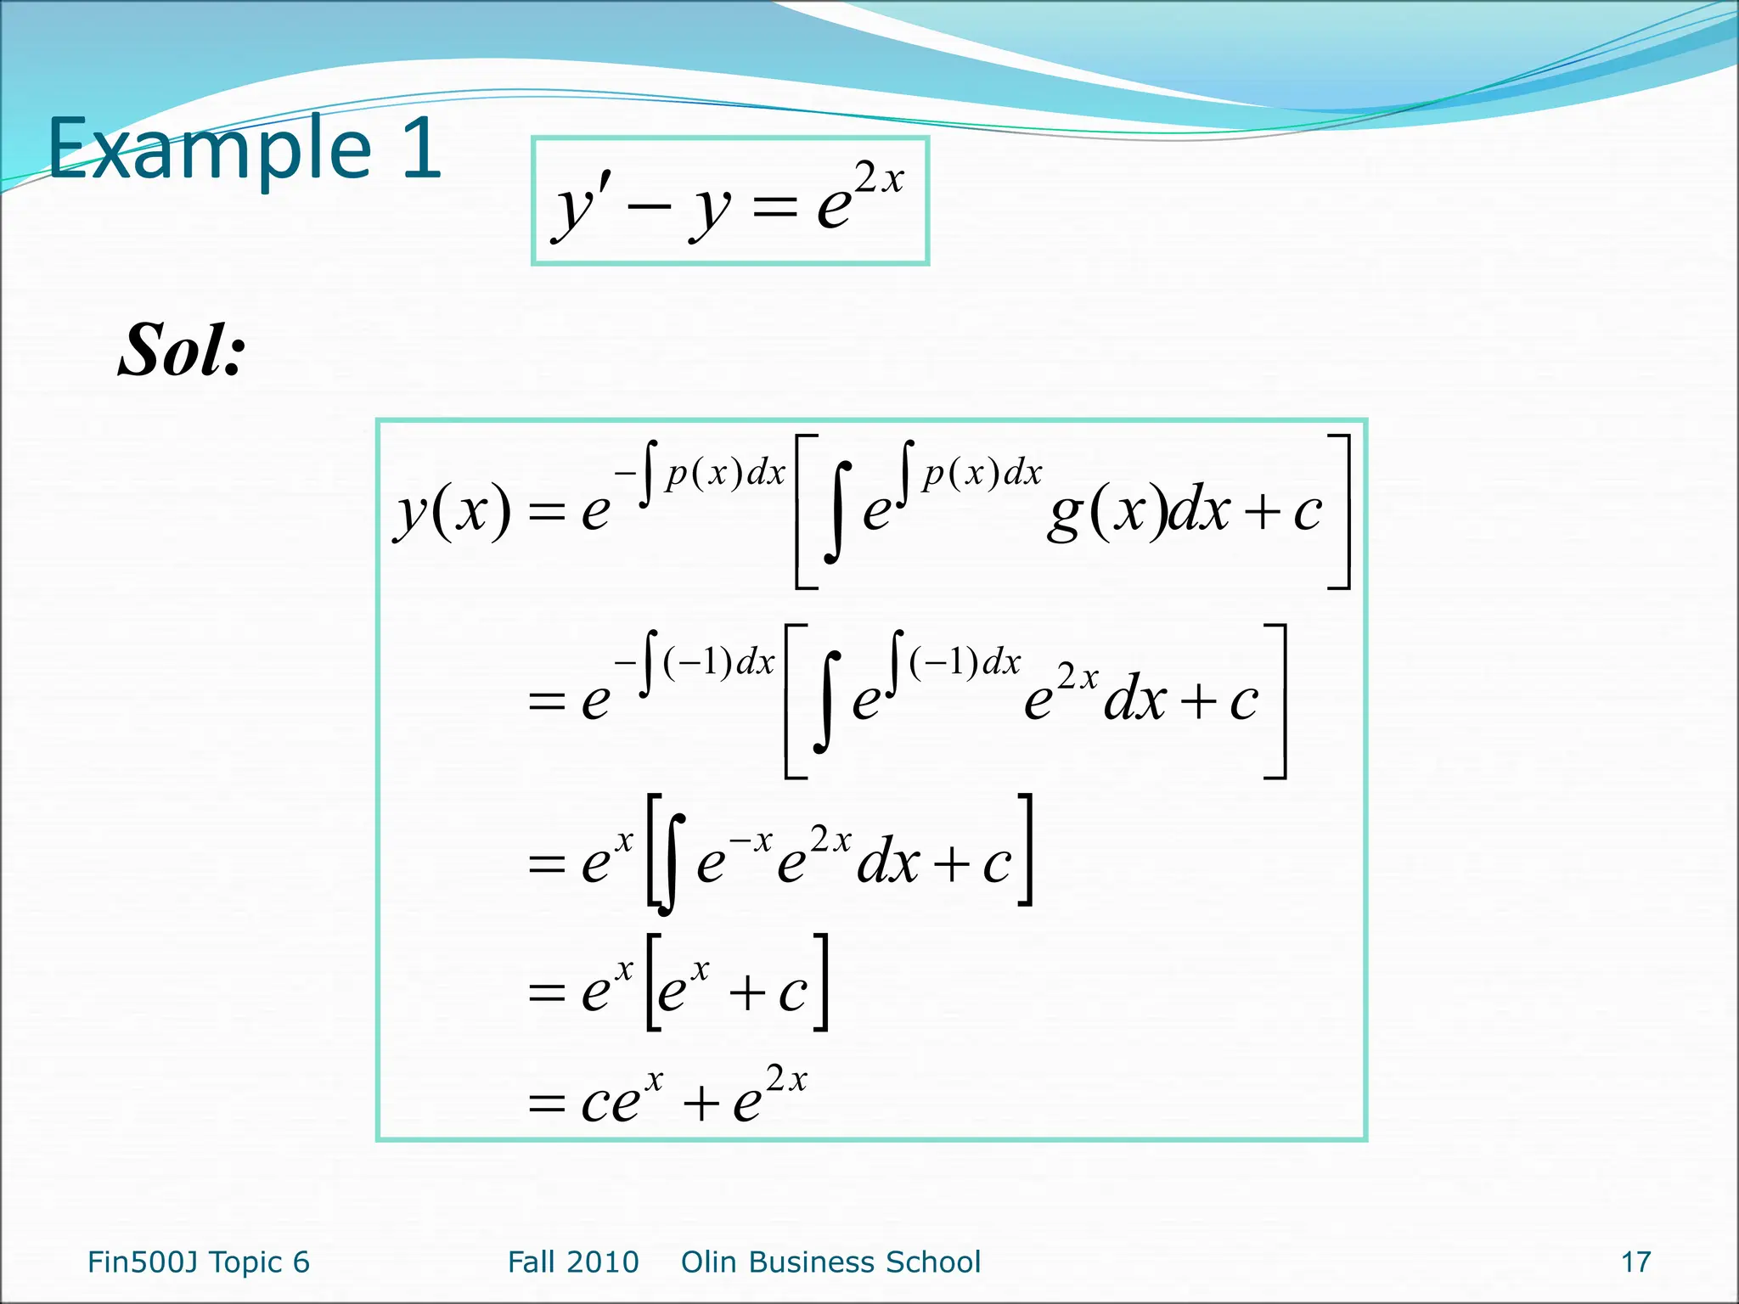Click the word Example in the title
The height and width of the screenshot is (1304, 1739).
(x=209, y=150)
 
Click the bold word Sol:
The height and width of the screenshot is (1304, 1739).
(x=182, y=350)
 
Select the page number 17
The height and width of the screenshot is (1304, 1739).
(x=1635, y=1262)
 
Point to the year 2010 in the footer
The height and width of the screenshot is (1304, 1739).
(x=606, y=1262)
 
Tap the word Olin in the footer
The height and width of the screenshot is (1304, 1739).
(x=710, y=1262)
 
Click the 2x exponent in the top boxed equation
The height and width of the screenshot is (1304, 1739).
(x=879, y=179)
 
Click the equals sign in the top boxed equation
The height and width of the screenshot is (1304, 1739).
(x=774, y=209)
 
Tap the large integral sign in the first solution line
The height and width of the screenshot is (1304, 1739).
(x=836, y=512)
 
